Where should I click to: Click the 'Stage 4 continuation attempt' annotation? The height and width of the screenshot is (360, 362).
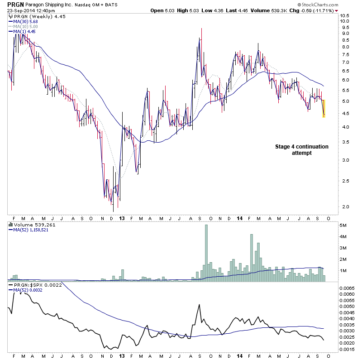(302, 150)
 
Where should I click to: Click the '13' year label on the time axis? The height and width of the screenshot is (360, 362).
(122, 217)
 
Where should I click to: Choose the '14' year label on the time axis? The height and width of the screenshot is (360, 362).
(239, 217)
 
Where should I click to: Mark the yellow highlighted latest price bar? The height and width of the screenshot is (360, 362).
(324, 109)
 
